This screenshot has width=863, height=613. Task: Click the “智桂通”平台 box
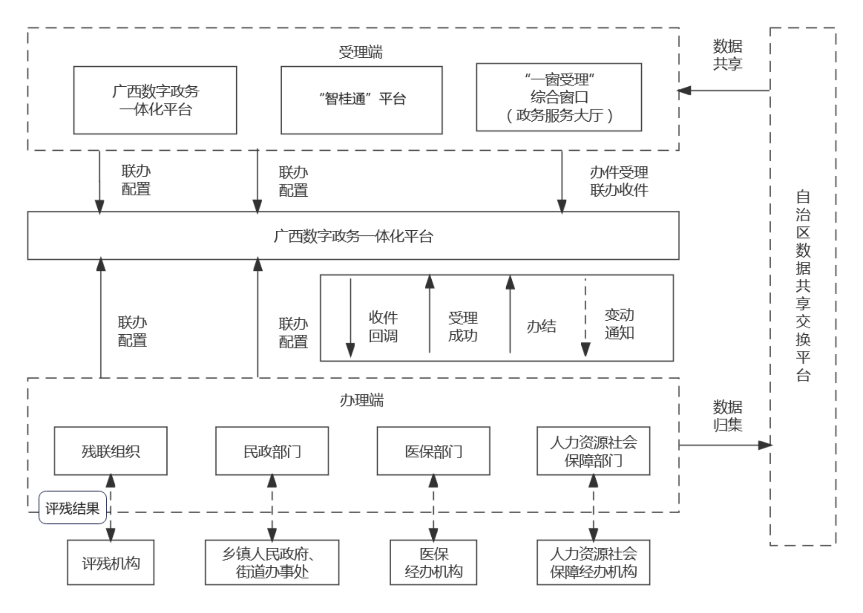(x=361, y=100)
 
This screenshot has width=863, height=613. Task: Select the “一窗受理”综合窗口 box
(x=559, y=97)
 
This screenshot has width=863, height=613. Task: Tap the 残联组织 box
(x=110, y=451)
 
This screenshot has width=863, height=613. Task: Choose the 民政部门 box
(x=272, y=451)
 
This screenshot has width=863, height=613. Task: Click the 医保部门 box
(x=433, y=451)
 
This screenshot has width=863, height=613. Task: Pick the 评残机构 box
(x=110, y=562)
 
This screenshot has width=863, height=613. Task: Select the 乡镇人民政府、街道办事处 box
(x=272, y=562)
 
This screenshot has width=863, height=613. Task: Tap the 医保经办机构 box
(x=433, y=562)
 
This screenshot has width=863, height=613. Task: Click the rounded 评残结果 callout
(x=73, y=508)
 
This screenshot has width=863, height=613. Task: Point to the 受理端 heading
(x=360, y=52)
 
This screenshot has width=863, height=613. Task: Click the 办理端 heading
(x=361, y=400)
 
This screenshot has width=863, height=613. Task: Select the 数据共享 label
(x=727, y=55)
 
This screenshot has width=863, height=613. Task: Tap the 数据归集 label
(x=727, y=416)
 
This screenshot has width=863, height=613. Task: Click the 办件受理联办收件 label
(x=619, y=181)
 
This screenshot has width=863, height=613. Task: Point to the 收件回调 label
(x=383, y=326)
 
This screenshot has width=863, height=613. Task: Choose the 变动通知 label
(x=619, y=324)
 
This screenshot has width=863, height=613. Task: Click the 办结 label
(x=541, y=326)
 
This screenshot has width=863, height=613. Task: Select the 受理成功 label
(x=462, y=326)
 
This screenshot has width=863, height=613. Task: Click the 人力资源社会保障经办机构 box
(x=593, y=562)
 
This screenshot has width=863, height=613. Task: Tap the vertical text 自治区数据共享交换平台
(x=803, y=286)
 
